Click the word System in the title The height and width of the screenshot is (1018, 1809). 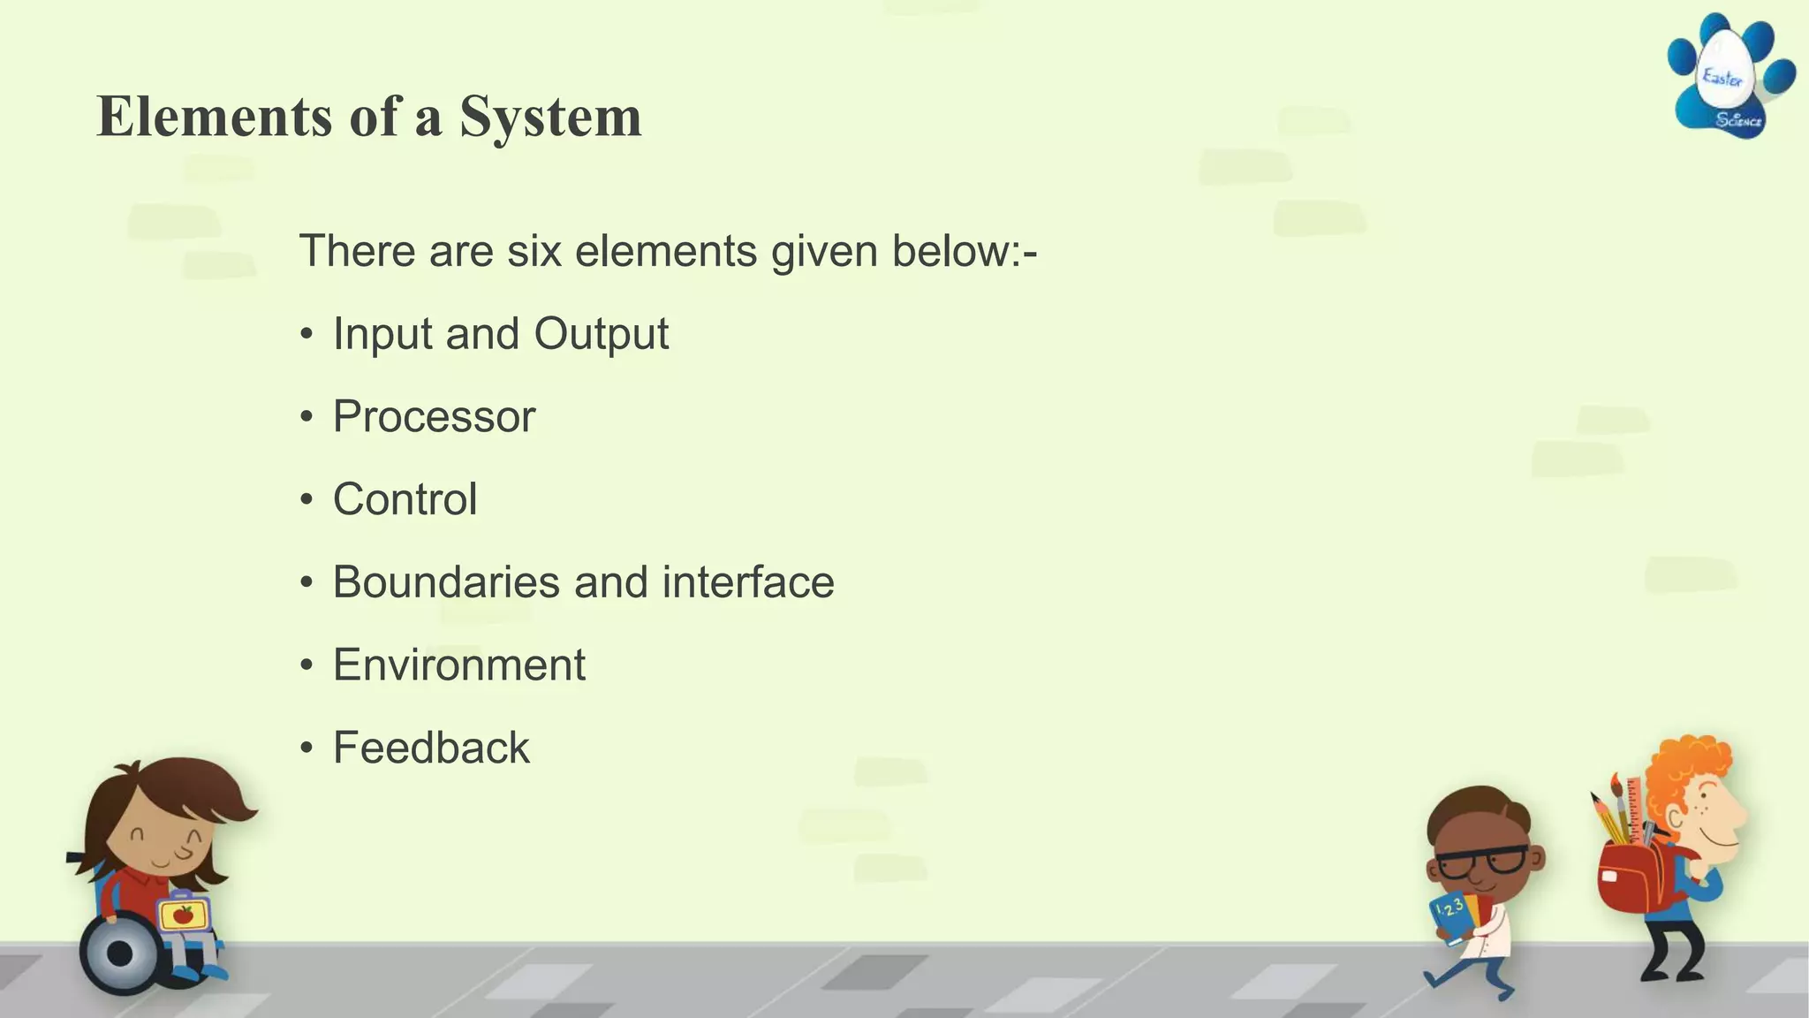coord(549,118)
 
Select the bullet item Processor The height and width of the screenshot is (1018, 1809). coord(434,417)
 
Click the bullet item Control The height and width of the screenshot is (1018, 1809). coord(405,499)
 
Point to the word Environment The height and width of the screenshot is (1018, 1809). coord(458,665)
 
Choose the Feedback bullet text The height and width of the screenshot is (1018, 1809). coord(431,748)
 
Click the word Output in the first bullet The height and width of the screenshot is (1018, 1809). coord(601,334)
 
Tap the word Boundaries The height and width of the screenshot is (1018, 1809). coord(446,582)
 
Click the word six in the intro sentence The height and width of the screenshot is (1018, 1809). coord(534,251)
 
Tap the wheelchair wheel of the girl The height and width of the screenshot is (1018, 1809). coord(121,954)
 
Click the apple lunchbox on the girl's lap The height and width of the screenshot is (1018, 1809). coord(184,915)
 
